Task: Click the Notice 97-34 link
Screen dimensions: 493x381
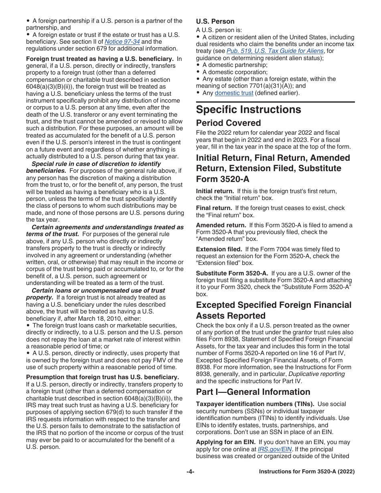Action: click(x=122, y=42)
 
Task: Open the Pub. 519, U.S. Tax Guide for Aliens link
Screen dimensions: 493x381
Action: click(x=275, y=51)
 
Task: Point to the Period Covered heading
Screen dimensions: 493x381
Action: click(x=228, y=123)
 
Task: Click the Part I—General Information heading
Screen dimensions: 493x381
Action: click(x=253, y=392)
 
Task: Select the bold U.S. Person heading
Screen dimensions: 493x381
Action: click(x=215, y=22)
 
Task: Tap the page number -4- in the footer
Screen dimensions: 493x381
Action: click(x=190, y=472)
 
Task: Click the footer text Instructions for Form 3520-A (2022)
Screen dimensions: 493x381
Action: click(x=307, y=472)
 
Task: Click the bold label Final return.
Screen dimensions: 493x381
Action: click(x=214, y=208)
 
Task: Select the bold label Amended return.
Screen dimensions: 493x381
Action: click(x=221, y=225)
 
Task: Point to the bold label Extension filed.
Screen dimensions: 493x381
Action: click(x=219, y=249)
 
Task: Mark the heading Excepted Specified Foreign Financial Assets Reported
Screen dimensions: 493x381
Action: click(x=274, y=310)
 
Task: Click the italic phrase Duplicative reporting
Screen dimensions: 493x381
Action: click(x=316, y=374)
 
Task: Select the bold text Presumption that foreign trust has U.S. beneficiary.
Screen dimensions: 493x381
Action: click(x=102, y=377)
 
